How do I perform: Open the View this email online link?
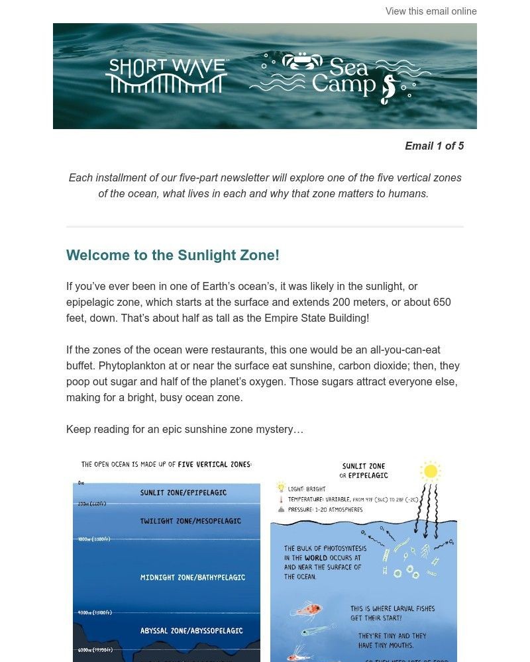[x=431, y=11]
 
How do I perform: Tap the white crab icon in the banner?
[x=301, y=62]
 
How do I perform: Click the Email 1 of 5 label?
[x=434, y=146]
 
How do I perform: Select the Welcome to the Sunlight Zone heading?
[x=173, y=256]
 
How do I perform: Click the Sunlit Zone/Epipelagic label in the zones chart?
[x=184, y=493]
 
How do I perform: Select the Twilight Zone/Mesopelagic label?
[x=190, y=521]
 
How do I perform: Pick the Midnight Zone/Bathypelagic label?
[x=192, y=577]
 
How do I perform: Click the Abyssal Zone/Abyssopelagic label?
[x=191, y=631]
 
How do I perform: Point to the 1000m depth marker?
[x=94, y=539]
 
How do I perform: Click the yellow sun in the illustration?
[x=431, y=471]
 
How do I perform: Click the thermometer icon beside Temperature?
[x=281, y=499]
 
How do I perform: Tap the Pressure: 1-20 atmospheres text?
[x=325, y=510]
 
